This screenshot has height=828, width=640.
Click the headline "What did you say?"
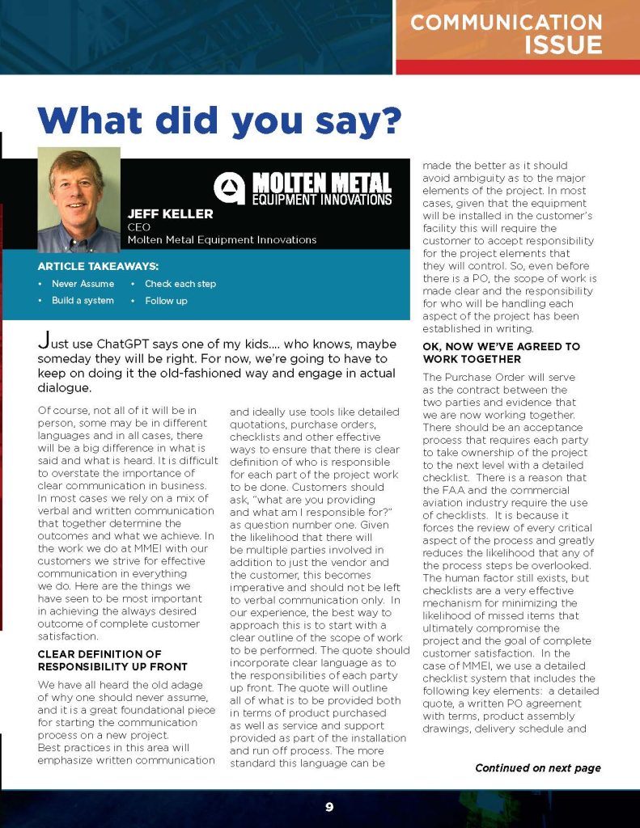(x=219, y=120)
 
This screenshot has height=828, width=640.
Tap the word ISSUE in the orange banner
(x=563, y=44)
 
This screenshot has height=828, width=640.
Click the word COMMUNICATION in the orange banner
(x=506, y=22)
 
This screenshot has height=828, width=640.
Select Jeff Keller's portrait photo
(x=79, y=199)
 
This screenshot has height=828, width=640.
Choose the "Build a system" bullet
(x=83, y=301)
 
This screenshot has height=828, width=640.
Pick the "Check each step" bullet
(x=180, y=284)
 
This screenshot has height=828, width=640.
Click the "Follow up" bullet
(x=166, y=301)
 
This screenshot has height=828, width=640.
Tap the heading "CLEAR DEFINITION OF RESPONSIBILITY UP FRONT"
(x=100, y=660)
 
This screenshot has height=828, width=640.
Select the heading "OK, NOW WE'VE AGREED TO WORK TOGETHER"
(x=501, y=353)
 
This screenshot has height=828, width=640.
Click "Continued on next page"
(x=537, y=767)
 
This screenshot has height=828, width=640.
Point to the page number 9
(x=329, y=806)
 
